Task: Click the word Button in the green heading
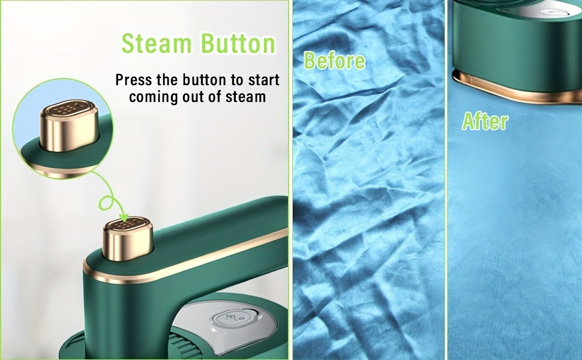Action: (239, 43)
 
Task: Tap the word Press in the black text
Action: (134, 80)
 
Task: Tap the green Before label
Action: (334, 61)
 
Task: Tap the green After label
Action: (485, 121)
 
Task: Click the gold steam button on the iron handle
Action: (128, 239)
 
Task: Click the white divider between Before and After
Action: (446, 180)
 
